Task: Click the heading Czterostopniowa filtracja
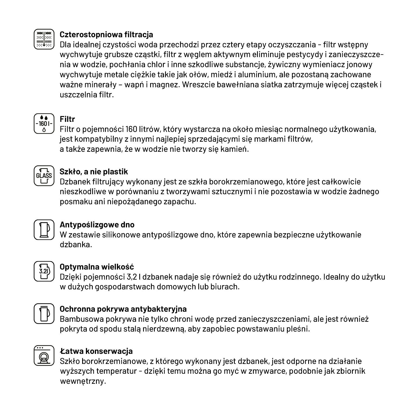click(x=106, y=35)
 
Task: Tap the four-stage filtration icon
click(x=44, y=39)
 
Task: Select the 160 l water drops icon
click(x=44, y=124)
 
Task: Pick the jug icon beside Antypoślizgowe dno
click(x=44, y=230)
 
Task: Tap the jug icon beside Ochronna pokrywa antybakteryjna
click(x=44, y=313)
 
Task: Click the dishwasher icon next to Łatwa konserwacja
click(x=44, y=356)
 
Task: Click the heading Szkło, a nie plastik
click(x=94, y=172)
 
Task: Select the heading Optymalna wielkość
click(x=97, y=267)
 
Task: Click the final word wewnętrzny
click(x=82, y=381)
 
